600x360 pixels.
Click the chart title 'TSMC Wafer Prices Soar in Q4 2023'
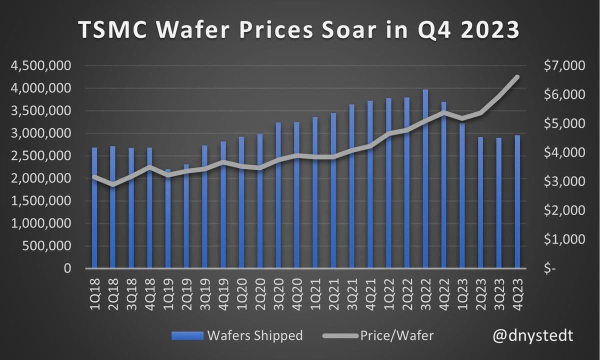coord(299,31)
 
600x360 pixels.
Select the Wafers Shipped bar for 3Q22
coord(425,180)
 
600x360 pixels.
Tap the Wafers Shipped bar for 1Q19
coord(168,220)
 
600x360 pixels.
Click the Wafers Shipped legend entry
coord(237,335)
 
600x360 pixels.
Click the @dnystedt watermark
coord(533,335)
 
